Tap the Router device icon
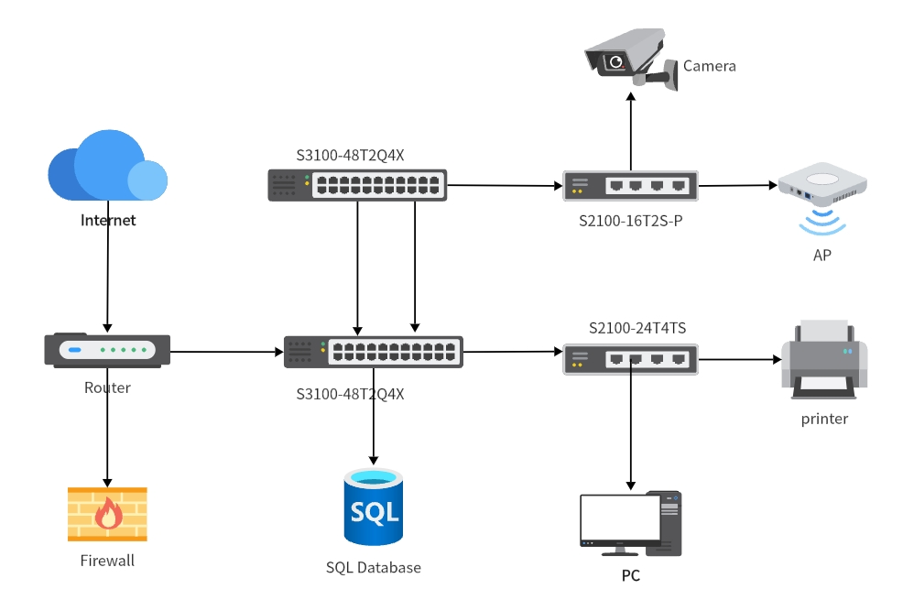(x=107, y=350)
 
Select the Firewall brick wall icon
(x=107, y=514)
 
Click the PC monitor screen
(x=620, y=519)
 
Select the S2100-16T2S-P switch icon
(x=630, y=185)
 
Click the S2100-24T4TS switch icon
(x=630, y=359)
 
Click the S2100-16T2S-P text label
(x=630, y=221)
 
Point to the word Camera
(x=710, y=66)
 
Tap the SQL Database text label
(x=374, y=568)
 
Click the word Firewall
(x=107, y=560)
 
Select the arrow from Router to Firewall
(x=107, y=426)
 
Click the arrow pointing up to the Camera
(x=630, y=128)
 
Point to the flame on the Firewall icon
(x=108, y=514)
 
